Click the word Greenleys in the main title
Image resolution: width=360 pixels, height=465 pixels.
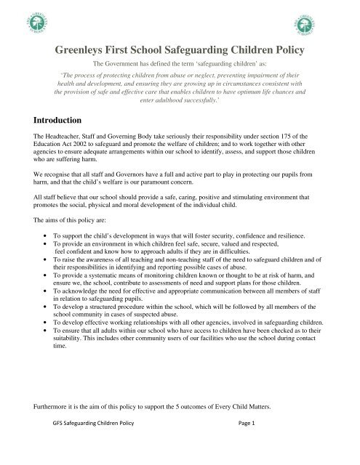point(86,51)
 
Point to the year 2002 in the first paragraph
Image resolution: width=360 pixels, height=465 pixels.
point(93,146)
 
